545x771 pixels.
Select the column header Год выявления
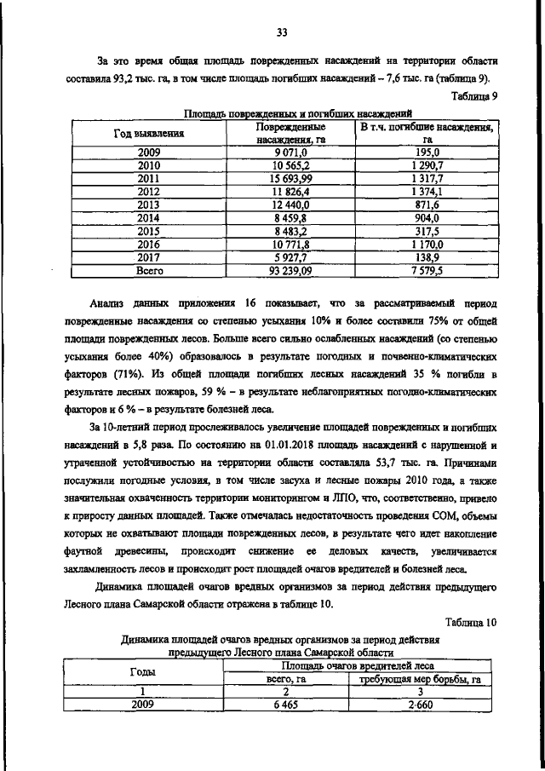[150, 134]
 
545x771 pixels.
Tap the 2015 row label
[149, 231]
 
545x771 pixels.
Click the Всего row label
[149, 270]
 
